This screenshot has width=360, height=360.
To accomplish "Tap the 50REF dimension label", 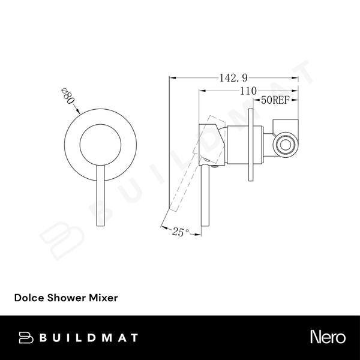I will click(274, 101).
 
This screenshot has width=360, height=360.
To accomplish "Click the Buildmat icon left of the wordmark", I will click(27, 337).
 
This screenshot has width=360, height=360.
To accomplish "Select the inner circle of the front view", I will click(99, 144).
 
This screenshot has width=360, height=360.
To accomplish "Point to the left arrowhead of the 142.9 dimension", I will click(172, 77).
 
